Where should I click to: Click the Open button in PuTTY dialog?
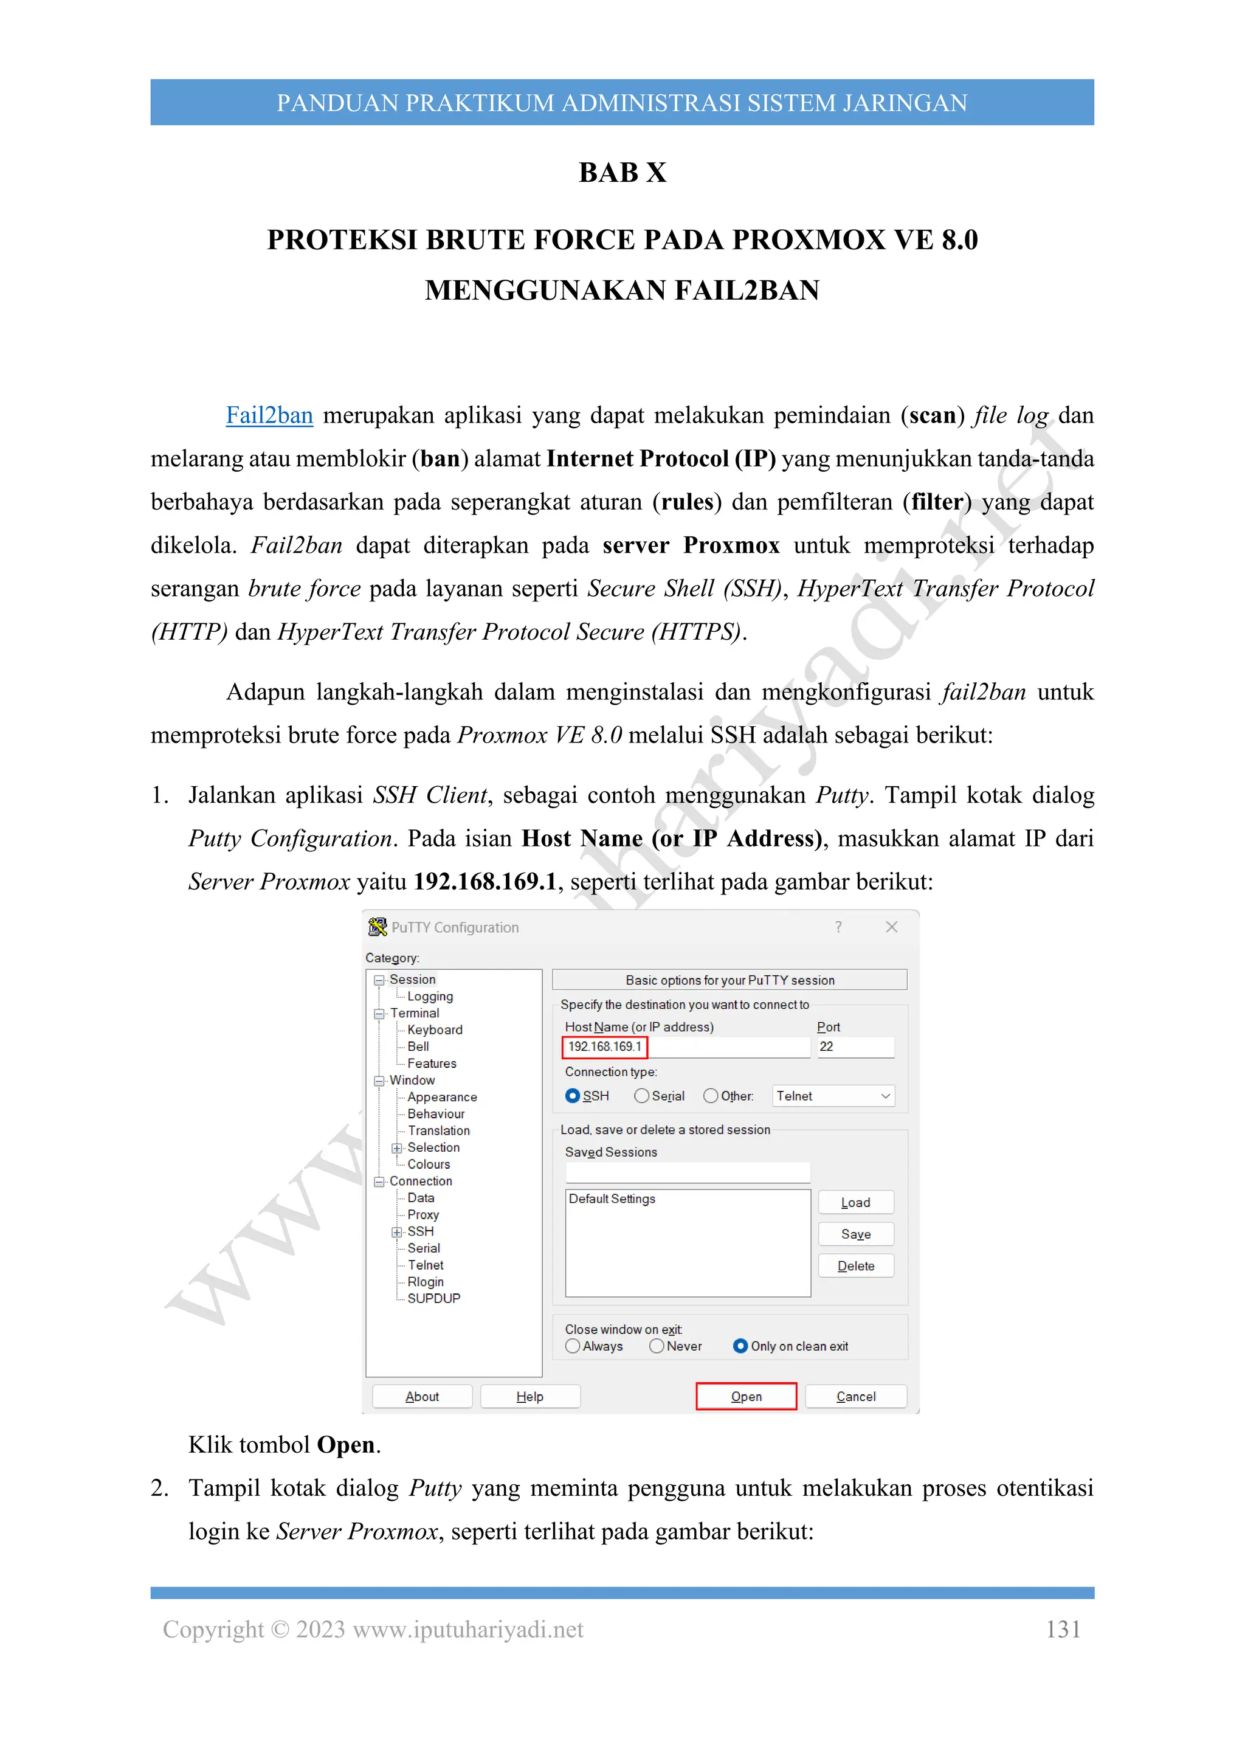(x=745, y=1396)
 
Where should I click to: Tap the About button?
(x=422, y=1396)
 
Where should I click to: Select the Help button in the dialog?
(x=529, y=1396)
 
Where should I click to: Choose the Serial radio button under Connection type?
(x=642, y=1095)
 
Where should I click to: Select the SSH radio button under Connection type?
(x=573, y=1095)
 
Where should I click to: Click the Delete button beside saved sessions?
(x=855, y=1265)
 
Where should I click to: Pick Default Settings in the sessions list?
(x=612, y=1198)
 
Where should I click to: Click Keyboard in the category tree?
(x=435, y=1029)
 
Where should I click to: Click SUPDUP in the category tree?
(x=433, y=1298)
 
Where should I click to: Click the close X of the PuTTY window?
(x=891, y=927)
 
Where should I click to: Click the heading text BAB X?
(x=622, y=173)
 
